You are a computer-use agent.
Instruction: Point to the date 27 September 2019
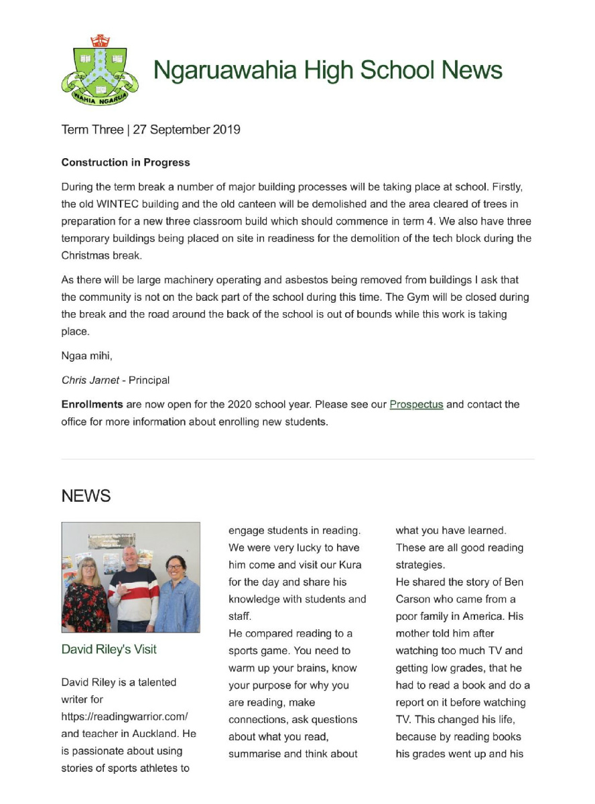[186, 130]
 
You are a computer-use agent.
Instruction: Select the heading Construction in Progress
[125, 162]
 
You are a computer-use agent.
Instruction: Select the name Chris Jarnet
[85, 380]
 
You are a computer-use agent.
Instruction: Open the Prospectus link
[416, 405]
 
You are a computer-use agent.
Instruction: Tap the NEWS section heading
[86, 496]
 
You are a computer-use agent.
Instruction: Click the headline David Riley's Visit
[109, 649]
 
